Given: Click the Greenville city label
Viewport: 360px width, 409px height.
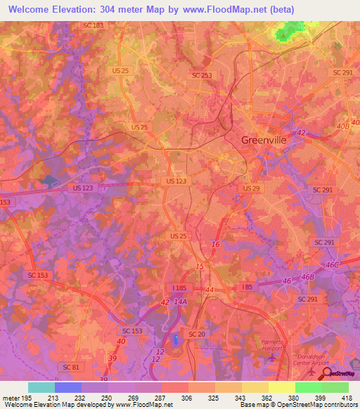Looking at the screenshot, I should coord(264,140).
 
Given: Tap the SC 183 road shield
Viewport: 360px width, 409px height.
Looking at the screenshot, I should coord(93,25).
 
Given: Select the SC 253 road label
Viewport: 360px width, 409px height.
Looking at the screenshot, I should coord(201,74).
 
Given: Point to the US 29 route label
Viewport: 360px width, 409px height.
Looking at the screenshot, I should coord(251,189).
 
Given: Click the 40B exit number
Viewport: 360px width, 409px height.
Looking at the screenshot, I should coord(342,126).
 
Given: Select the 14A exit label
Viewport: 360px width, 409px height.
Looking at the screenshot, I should coord(181,301).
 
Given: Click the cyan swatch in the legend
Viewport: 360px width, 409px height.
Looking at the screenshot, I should coord(41,387).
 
